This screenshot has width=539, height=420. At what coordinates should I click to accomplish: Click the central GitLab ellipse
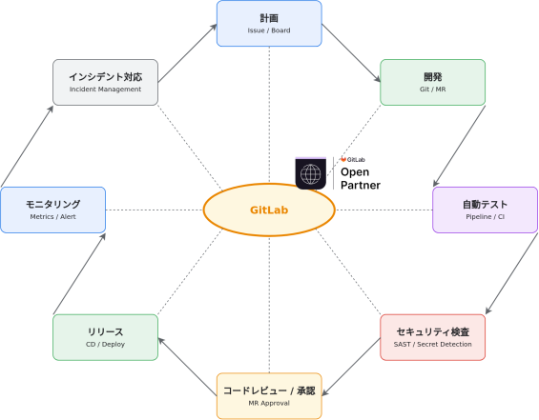coord(269,210)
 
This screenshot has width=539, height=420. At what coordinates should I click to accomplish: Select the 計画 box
coord(269,23)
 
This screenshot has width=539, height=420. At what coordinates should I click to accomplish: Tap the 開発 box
coord(433,82)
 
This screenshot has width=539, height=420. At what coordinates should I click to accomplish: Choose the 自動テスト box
coord(485,210)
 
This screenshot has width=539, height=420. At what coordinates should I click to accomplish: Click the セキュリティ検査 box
coord(433,337)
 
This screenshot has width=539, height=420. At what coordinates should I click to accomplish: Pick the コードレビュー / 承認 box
coord(269,396)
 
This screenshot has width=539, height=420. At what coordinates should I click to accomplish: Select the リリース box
coord(106,337)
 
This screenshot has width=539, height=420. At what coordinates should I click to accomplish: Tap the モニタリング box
coord(52,210)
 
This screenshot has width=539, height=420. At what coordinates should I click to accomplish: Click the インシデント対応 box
coord(106,82)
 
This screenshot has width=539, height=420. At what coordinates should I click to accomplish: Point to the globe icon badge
coord(310,173)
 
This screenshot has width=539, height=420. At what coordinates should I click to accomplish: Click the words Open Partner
coord(361,178)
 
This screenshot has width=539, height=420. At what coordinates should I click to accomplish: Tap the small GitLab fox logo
coord(343,159)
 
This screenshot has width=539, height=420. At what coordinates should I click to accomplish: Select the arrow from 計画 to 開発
coord(351,52)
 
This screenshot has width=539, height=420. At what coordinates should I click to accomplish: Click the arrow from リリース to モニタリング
coord(79,274)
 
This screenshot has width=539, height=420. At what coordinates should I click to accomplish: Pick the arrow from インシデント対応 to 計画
coord(187,52)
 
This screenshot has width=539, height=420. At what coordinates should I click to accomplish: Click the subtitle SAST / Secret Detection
coord(433,344)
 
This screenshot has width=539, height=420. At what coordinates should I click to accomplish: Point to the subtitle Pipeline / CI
coord(485,217)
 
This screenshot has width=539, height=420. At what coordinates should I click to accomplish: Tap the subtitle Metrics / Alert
coord(52,217)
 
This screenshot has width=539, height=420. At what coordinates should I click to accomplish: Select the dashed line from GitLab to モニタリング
coord(155,210)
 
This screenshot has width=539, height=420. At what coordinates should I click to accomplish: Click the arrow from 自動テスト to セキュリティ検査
coord(511,273)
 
